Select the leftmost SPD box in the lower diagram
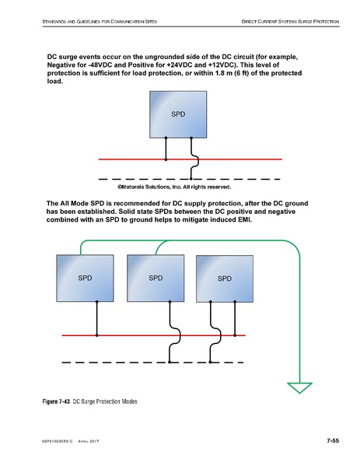85,277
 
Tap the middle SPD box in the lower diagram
154,277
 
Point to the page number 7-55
332,441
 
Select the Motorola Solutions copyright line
174,187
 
